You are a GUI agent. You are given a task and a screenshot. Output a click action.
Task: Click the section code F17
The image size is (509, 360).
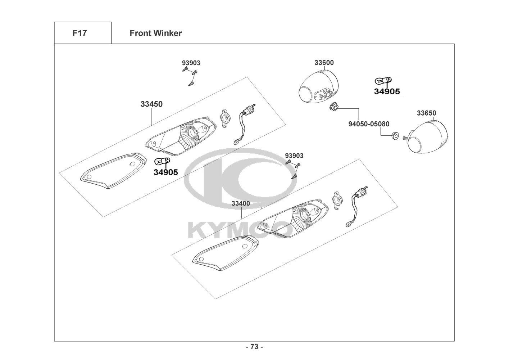coord(79,33)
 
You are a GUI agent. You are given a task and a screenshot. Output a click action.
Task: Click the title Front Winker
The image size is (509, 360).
coord(156,33)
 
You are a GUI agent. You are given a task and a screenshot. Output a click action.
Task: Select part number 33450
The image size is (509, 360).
coord(151,104)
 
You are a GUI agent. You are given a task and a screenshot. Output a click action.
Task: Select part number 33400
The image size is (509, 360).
coord(241,203)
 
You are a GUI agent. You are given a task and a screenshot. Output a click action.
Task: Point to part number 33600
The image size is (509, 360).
coord(324,63)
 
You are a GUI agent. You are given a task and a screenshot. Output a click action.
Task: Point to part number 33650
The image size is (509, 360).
coord(427,113)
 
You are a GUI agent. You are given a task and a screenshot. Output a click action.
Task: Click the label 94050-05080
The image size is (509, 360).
coord(369,124)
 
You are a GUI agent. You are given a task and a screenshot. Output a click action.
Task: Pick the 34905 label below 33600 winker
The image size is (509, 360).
coord(387,91)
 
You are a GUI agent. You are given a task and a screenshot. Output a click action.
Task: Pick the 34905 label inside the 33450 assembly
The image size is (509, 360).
coord(166,172)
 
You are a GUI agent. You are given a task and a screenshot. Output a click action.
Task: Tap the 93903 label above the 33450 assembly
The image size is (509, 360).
coord(191,63)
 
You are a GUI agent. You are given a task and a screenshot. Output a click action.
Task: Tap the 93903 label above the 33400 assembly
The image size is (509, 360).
coord(294,156)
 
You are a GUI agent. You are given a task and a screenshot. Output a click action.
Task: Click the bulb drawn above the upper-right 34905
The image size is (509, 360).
coord(383,80)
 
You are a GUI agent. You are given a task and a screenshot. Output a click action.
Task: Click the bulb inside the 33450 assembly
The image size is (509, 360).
coord(163,161)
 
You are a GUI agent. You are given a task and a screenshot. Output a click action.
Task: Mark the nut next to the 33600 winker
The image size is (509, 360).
coord(333,106)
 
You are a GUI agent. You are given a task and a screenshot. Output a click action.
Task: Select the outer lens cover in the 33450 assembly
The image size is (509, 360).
coord(113,171)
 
